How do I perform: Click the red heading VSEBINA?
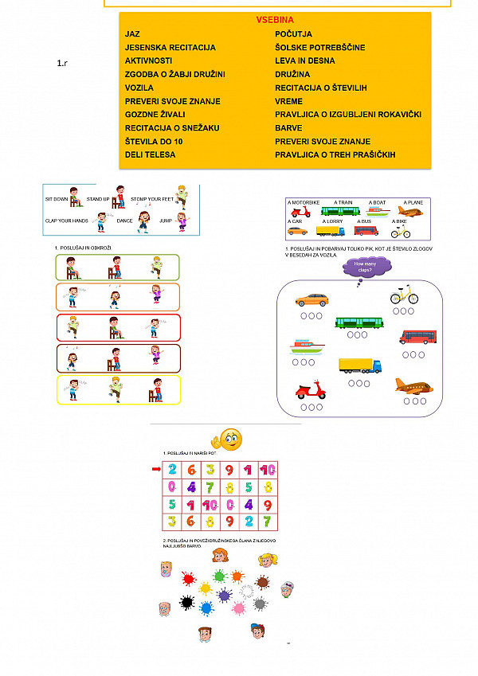pos(275,19)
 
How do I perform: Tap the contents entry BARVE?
pos(288,127)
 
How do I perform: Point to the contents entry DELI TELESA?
pos(150,154)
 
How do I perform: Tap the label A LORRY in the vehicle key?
pos(332,221)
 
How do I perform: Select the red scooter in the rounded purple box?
pos(311,391)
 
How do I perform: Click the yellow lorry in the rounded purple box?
pos(359,365)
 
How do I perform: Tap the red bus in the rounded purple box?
pos(417,337)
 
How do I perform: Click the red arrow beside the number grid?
pos(155,469)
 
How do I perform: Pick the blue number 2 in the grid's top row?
pos(172,470)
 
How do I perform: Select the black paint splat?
pos(186,603)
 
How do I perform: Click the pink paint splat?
pos(238,609)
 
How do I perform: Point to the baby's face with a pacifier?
pos(167,569)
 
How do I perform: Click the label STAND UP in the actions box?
pos(97,198)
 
